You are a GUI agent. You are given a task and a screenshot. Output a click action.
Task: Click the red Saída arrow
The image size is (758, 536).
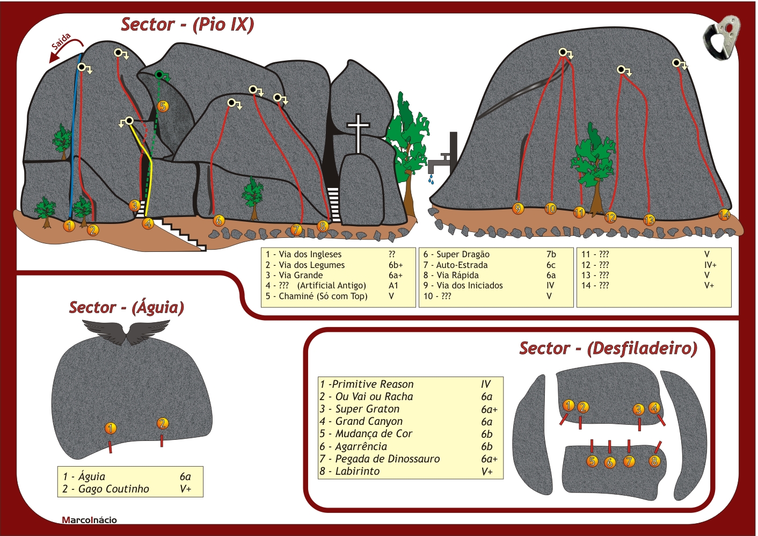point(66,47)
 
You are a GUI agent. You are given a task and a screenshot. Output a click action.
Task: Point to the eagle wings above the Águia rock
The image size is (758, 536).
point(126,332)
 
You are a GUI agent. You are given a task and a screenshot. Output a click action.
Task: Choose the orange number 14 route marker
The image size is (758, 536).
point(724,215)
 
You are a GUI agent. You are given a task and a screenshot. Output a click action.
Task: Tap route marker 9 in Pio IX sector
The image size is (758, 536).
point(518,208)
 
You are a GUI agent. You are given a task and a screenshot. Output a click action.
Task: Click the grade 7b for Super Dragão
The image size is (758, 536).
point(551,254)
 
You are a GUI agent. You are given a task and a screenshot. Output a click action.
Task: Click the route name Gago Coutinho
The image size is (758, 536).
point(114,489)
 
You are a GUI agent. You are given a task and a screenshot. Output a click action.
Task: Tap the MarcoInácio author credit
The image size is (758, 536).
point(89,520)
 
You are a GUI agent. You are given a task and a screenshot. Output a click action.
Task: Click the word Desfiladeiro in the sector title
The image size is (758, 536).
point(642,349)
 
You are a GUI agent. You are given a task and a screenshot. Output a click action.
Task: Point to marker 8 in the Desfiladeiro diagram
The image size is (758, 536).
point(654,461)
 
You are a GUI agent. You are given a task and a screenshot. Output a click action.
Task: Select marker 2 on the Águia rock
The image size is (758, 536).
point(163,423)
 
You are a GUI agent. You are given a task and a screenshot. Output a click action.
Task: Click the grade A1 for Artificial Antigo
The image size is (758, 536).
point(393,285)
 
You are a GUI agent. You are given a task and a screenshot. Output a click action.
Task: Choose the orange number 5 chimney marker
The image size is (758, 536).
point(163,106)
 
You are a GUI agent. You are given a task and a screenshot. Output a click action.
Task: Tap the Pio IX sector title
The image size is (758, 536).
point(187,25)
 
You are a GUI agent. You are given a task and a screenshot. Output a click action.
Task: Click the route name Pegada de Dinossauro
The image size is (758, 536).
point(388,459)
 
